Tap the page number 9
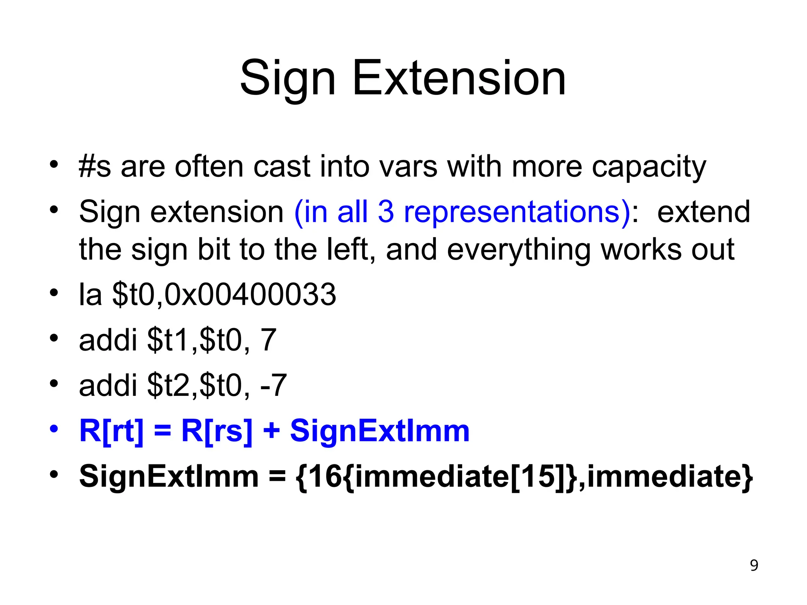(754, 565)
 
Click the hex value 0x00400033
(250, 295)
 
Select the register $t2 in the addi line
(173, 385)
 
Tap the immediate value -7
(273, 385)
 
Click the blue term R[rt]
(112, 431)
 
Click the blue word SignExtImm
(380, 431)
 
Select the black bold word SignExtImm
(169, 476)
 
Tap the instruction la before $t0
(90, 295)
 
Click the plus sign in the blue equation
(271, 431)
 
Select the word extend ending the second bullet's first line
(704, 212)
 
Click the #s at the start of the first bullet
(95, 167)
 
